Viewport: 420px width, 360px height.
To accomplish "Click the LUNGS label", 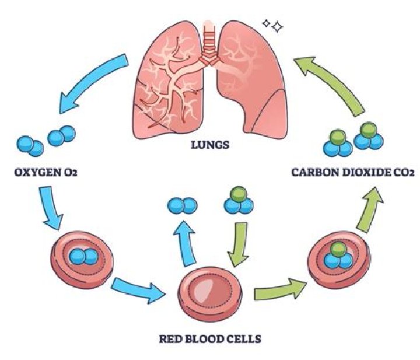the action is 210,145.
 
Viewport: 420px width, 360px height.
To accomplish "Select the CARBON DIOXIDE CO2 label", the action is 353,172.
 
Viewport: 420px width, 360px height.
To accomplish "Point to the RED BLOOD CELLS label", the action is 210,339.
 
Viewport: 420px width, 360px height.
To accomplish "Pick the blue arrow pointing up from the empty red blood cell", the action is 185,242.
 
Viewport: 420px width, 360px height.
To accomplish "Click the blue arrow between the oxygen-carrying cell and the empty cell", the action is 138,290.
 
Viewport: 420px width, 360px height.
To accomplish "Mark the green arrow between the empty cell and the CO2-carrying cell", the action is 280,289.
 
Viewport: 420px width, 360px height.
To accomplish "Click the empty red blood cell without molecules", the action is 210,293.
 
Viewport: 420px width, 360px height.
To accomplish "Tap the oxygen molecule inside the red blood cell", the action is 83,256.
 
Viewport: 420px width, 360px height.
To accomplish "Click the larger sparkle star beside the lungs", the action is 277,26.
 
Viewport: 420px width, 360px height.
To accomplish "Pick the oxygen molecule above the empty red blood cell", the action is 182,206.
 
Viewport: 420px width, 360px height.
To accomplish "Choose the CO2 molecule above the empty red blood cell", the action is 239,200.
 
